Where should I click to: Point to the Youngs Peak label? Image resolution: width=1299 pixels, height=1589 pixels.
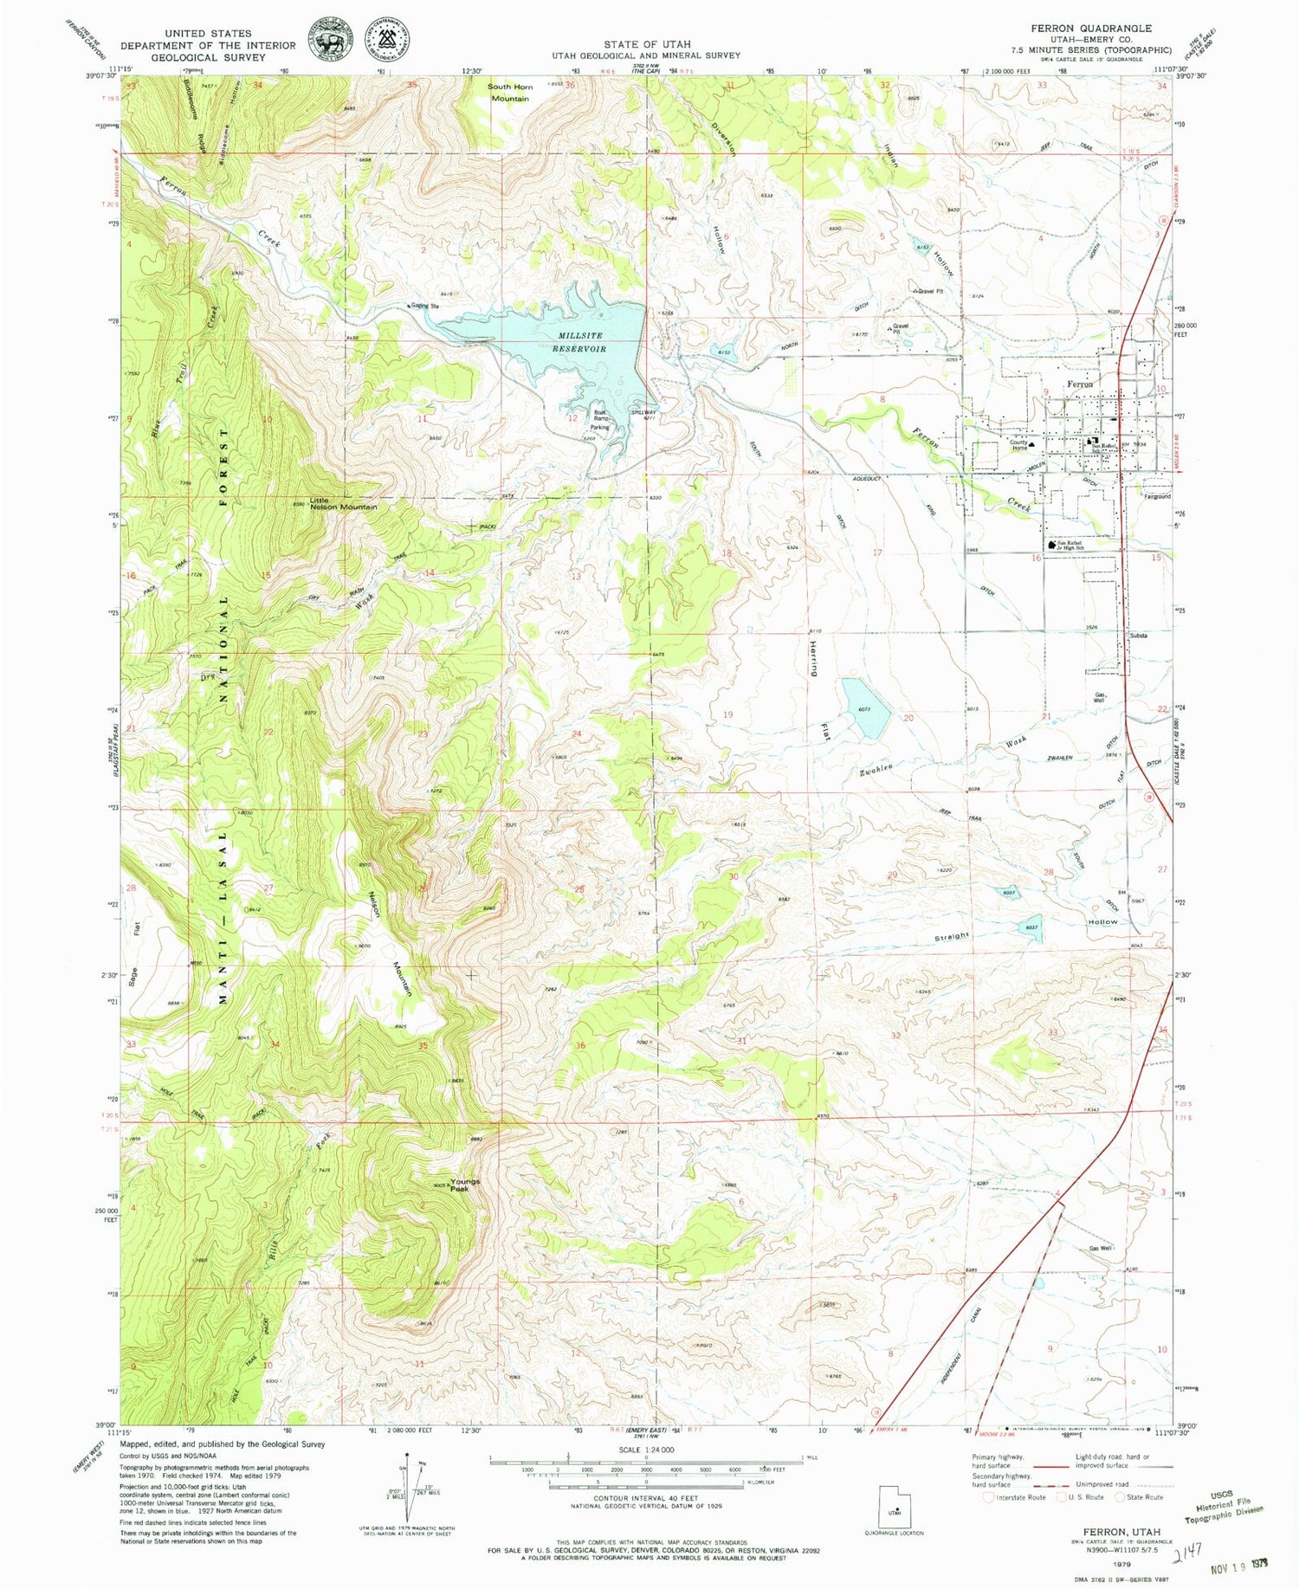point(464,1185)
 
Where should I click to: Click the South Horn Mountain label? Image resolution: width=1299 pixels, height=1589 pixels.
point(510,93)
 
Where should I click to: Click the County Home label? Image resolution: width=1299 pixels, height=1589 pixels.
point(1018,445)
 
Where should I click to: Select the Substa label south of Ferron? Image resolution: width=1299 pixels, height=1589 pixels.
point(1138,635)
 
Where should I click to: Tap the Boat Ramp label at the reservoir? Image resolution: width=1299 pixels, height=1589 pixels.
point(600,416)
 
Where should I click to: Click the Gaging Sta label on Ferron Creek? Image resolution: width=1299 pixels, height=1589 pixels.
point(425,306)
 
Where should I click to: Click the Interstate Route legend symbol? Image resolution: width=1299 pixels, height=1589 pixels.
point(990,1496)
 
